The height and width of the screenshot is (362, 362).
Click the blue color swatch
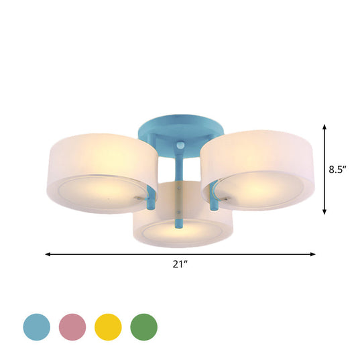pos(38,326)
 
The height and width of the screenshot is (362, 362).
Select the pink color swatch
pos(72,326)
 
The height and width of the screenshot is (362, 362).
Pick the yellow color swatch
pos(107,326)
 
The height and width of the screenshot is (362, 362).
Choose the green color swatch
pos(143,326)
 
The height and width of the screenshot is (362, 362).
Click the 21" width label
pos(180,266)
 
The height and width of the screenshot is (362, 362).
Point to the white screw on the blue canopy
pos(180,147)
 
